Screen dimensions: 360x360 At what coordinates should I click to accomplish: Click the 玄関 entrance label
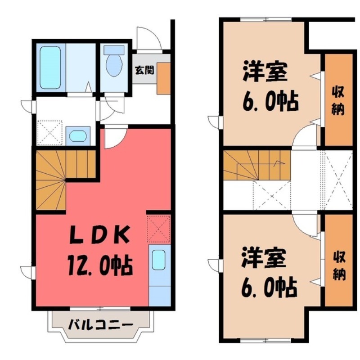tap(144, 70)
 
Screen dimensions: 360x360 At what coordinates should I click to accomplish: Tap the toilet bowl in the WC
tap(114, 64)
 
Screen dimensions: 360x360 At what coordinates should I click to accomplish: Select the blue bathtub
tap(50, 67)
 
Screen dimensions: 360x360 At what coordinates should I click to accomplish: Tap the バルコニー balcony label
tap(100, 324)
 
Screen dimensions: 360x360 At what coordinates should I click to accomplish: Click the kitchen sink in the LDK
tap(159, 260)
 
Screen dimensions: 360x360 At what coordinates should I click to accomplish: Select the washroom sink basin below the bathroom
tap(78, 135)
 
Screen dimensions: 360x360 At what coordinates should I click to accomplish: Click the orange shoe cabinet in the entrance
tap(163, 78)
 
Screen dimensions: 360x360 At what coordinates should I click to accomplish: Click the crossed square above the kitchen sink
tap(158, 229)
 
